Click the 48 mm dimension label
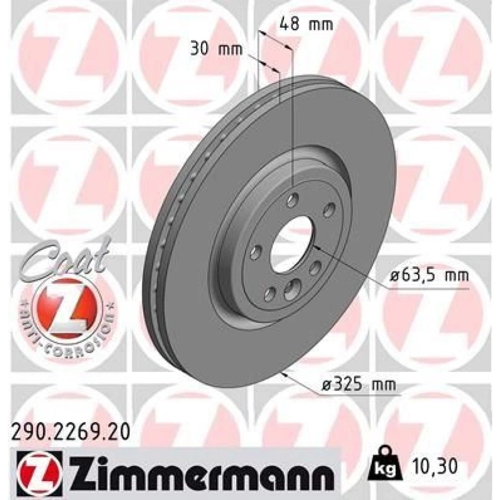pos(304,24)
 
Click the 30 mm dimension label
pos(217,49)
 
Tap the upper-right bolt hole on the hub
pos(329,209)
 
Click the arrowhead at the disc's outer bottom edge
pos(285,373)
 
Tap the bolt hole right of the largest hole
pos(316,268)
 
